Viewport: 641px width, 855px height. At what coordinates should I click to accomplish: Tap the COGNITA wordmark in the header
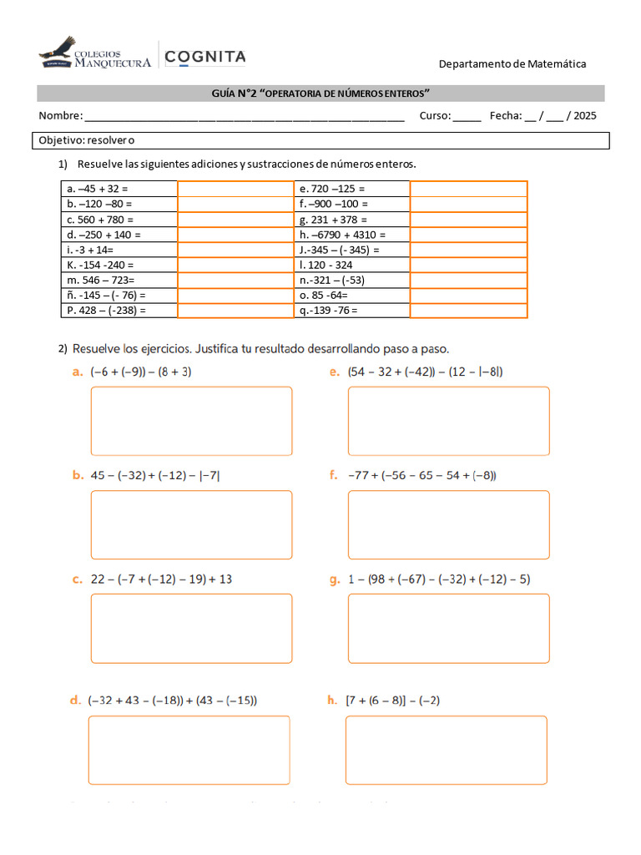pos(205,57)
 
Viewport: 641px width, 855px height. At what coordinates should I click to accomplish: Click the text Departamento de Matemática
pos(512,63)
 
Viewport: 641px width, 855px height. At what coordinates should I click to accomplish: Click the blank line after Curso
pos(467,116)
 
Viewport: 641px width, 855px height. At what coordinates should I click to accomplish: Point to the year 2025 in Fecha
pos(583,116)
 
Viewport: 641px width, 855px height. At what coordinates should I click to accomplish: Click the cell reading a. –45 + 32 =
pos(119,189)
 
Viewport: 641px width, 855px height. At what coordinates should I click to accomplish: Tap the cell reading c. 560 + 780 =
pos(119,220)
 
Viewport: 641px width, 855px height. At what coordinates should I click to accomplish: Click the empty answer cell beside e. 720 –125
pos(468,189)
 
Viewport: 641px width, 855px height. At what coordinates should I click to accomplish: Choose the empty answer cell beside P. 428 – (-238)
pos(235,311)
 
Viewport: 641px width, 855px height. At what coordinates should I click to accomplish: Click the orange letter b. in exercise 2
pos(78,476)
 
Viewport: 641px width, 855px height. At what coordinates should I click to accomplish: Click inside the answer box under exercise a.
pos(191,421)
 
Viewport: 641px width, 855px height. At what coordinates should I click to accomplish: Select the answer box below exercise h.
pos(446,750)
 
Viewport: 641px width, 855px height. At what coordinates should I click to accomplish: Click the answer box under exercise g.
pos(448,628)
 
